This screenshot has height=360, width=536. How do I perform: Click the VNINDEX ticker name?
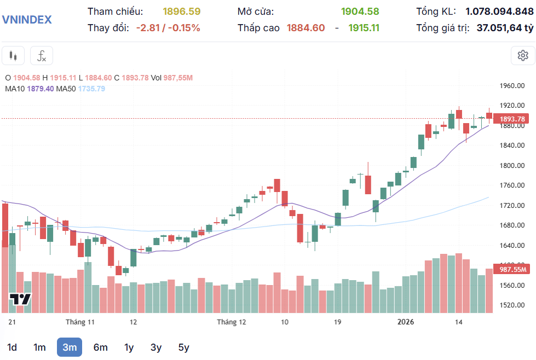click(27, 20)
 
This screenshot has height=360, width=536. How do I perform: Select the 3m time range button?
click(69, 347)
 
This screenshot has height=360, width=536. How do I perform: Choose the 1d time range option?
click(12, 347)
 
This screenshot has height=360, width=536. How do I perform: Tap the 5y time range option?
click(183, 347)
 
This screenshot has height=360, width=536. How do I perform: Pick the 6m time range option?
click(100, 347)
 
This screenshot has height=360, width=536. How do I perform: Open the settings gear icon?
click(522, 55)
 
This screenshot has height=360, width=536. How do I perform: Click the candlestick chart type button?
click(14, 55)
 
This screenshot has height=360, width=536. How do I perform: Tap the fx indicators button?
click(42, 55)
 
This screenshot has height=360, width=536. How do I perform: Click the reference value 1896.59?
click(182, 11)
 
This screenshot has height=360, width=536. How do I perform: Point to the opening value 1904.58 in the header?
click(360, 11)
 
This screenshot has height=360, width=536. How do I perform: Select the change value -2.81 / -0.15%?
click(168, 28)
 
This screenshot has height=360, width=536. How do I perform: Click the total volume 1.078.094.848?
click(499, 11)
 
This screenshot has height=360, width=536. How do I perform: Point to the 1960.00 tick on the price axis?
click(512, 85)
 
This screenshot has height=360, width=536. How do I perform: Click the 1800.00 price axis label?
click(512, 165)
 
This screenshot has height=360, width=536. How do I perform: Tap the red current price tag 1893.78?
click(512, 119)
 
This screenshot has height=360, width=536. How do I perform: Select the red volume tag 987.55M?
click(512, 269)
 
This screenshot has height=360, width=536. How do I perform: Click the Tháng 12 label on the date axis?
click(232, 322)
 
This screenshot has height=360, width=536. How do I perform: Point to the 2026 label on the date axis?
click(405, 322)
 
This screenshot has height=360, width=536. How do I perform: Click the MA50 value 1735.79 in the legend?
click(91, 88)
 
